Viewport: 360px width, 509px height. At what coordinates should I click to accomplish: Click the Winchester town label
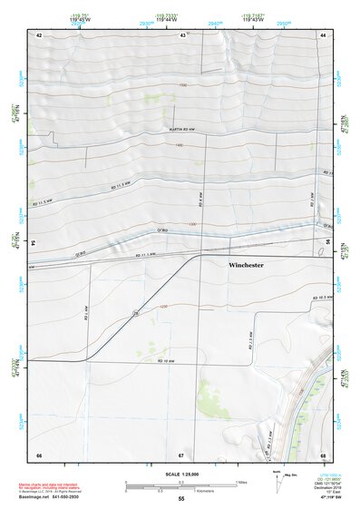pos(246,266)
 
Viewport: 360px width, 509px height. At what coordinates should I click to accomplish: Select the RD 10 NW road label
pos(164,361)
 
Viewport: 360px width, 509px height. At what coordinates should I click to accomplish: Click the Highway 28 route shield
pos(135,312)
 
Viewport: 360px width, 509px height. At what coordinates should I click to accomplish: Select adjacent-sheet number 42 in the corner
pos(39,34)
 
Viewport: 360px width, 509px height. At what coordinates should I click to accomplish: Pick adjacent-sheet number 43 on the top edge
pos(183,34)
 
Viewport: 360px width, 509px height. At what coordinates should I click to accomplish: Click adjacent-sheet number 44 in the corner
pos(323,34)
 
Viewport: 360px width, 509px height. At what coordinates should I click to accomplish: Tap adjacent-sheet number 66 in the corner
pos(39,454)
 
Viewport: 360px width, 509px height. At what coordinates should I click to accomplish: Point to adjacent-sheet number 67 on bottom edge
pos(181,454)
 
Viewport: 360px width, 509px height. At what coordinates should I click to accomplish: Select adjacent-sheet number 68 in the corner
pos(323,454)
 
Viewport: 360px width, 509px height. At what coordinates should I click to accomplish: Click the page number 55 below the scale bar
pos(181,499)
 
